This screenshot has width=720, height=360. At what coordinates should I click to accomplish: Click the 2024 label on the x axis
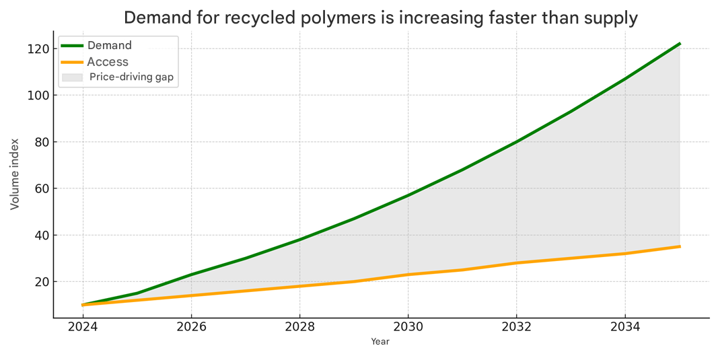(x=83, y=328)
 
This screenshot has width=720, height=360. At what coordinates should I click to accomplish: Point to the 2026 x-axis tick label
(x=192, y=328)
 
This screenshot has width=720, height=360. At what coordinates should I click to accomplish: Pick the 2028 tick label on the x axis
(x=300, y=328)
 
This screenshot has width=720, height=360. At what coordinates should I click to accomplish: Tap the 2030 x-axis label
(x=408, y=328)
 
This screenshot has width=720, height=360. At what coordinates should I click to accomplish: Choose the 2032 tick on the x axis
(x=517, y=328)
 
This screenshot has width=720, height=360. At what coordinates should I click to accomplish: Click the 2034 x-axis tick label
(x=625, y=328)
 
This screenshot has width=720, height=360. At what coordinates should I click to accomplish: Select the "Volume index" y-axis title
(x=15, y=174)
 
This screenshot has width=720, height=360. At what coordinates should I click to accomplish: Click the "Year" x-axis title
(x=380, y=342)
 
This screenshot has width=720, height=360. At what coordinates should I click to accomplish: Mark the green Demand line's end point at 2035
(x=680, y=44)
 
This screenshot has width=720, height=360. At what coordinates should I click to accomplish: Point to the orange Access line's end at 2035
(x=680, y=246)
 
